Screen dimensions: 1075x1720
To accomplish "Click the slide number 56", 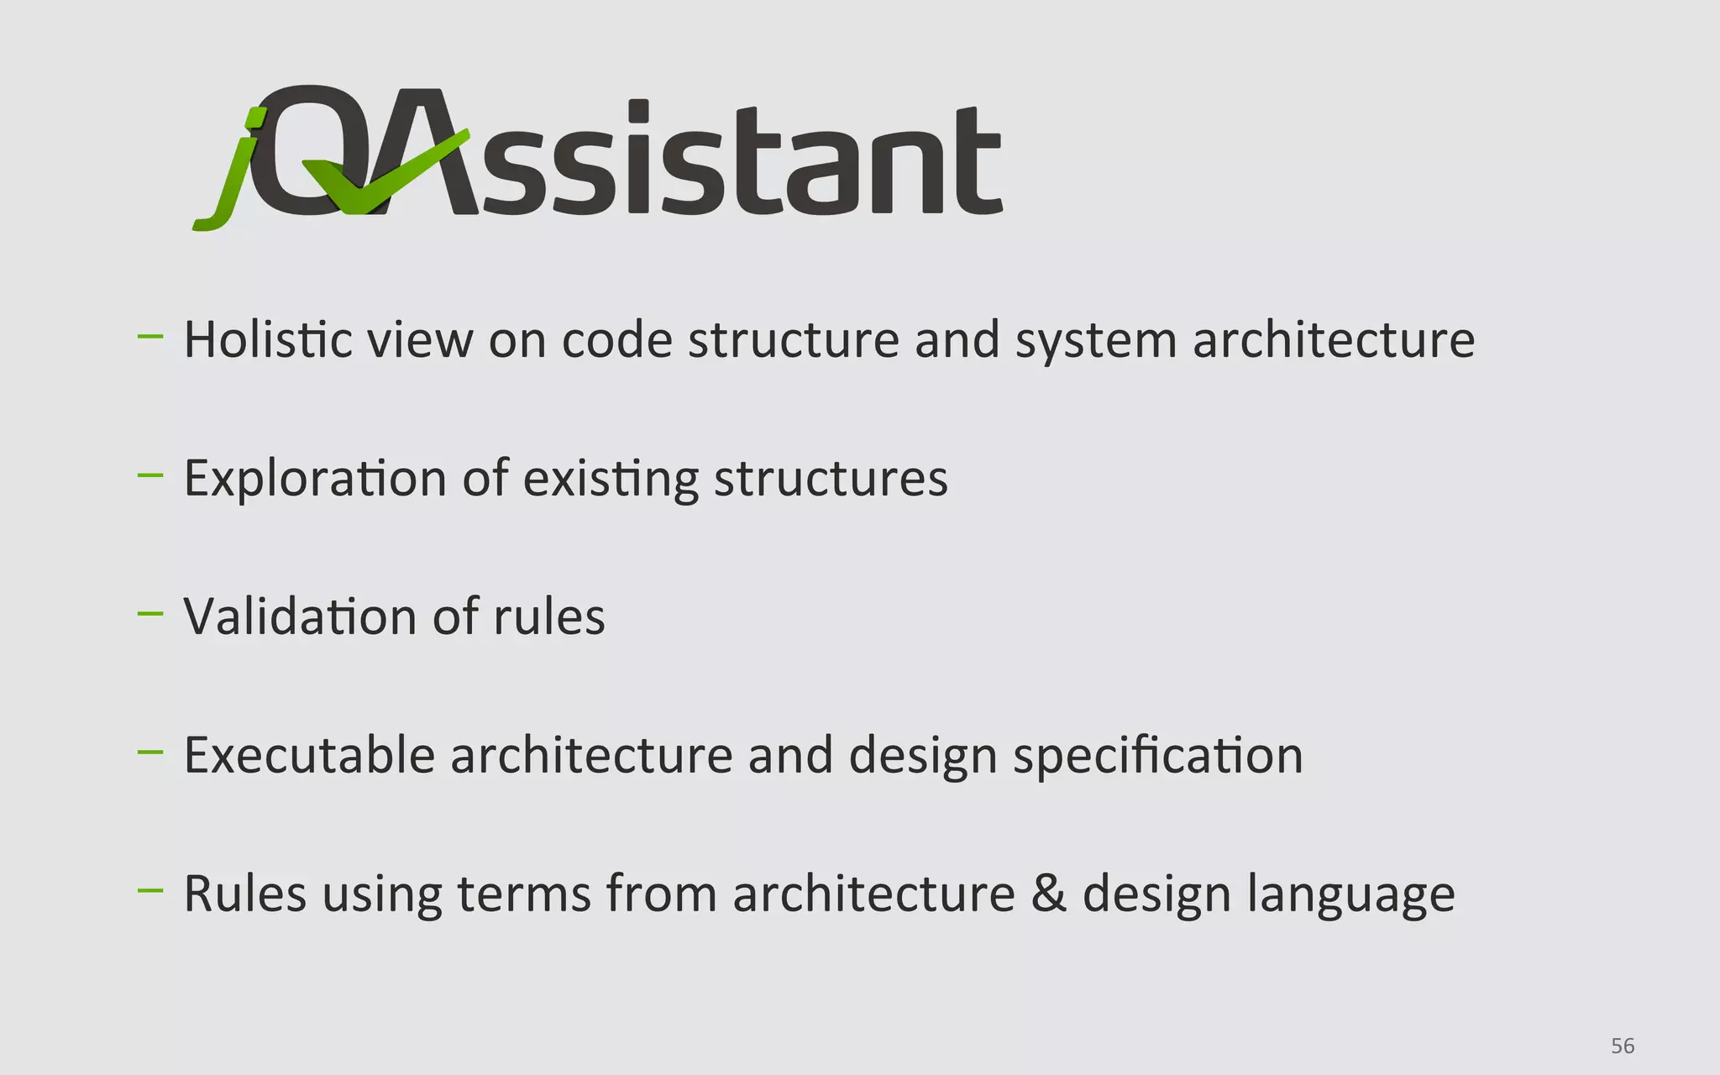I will point(1622,1046).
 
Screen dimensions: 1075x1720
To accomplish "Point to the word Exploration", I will point(315,479).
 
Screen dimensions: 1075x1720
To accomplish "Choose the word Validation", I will point(300,616).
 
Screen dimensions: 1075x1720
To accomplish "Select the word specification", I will point(1158,756).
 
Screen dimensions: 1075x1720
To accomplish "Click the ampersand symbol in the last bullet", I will point(1048,893).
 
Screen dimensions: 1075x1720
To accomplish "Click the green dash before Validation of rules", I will point(150,614).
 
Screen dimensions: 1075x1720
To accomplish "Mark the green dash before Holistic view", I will point(150,337).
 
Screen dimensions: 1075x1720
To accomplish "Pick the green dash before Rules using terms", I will point(150,891).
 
